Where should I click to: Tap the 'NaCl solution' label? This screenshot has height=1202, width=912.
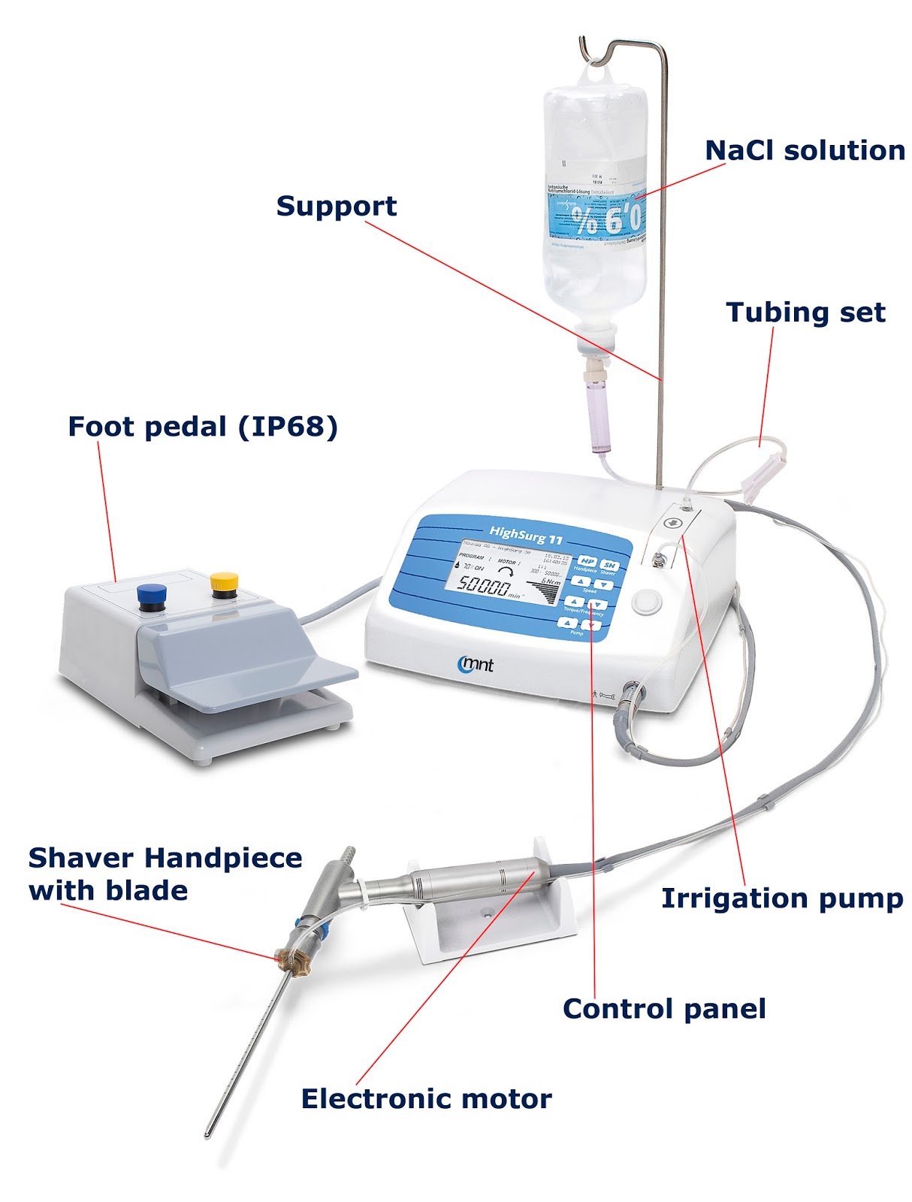805,151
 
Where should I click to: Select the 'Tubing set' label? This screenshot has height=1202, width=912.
805,313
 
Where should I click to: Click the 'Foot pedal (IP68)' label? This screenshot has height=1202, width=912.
203,427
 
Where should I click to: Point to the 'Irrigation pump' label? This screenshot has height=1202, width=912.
782,898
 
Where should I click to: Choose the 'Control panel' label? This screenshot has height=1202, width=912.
664,1009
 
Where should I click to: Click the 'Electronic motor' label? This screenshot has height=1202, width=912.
426,1099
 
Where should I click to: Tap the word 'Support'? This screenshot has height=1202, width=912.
336,206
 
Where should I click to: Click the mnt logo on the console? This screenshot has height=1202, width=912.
476,663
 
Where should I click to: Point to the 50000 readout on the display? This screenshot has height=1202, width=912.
484,586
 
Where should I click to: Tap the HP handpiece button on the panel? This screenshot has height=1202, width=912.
587,562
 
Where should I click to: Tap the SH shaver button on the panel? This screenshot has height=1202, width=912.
609,565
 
